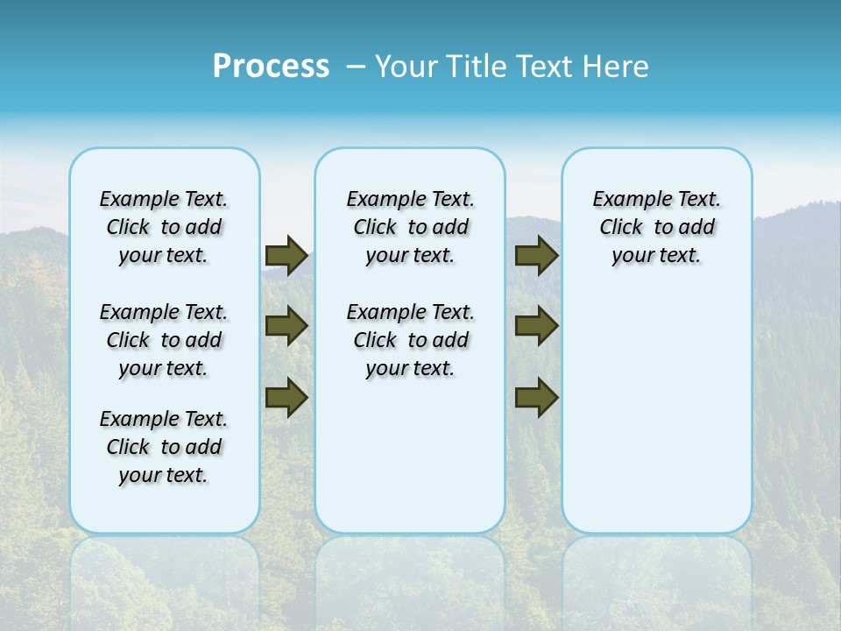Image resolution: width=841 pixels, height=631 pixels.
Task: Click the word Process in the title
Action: click(x=271, y=67)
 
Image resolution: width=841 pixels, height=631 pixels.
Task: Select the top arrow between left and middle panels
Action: click(x=286, y=256)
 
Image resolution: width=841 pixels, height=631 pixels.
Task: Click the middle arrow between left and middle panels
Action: click(x=286, y=326)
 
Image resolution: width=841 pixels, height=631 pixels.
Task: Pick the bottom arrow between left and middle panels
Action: click(x=286, y=398)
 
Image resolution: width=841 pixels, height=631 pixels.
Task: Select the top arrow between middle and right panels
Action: click(x=536, y=256)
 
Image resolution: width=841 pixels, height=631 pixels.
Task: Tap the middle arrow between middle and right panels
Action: click(x=536, y=326)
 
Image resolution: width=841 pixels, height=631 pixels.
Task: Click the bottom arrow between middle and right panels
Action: click(x=536, y=398)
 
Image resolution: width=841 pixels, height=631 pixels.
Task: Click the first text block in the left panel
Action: click(x=164, y=227)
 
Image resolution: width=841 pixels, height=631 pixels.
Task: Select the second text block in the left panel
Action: click(x=164, y=340)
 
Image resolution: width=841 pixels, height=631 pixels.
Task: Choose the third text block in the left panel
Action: click(x=164, y=447)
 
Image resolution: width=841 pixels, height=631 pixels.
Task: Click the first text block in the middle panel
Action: click(x=410, y=227)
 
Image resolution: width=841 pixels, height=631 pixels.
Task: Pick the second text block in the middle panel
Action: click(x=410, y=340)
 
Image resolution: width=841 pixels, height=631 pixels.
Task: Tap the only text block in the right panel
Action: click(x=656, y=227)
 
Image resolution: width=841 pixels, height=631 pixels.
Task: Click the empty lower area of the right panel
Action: click(x=656, y=421)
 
